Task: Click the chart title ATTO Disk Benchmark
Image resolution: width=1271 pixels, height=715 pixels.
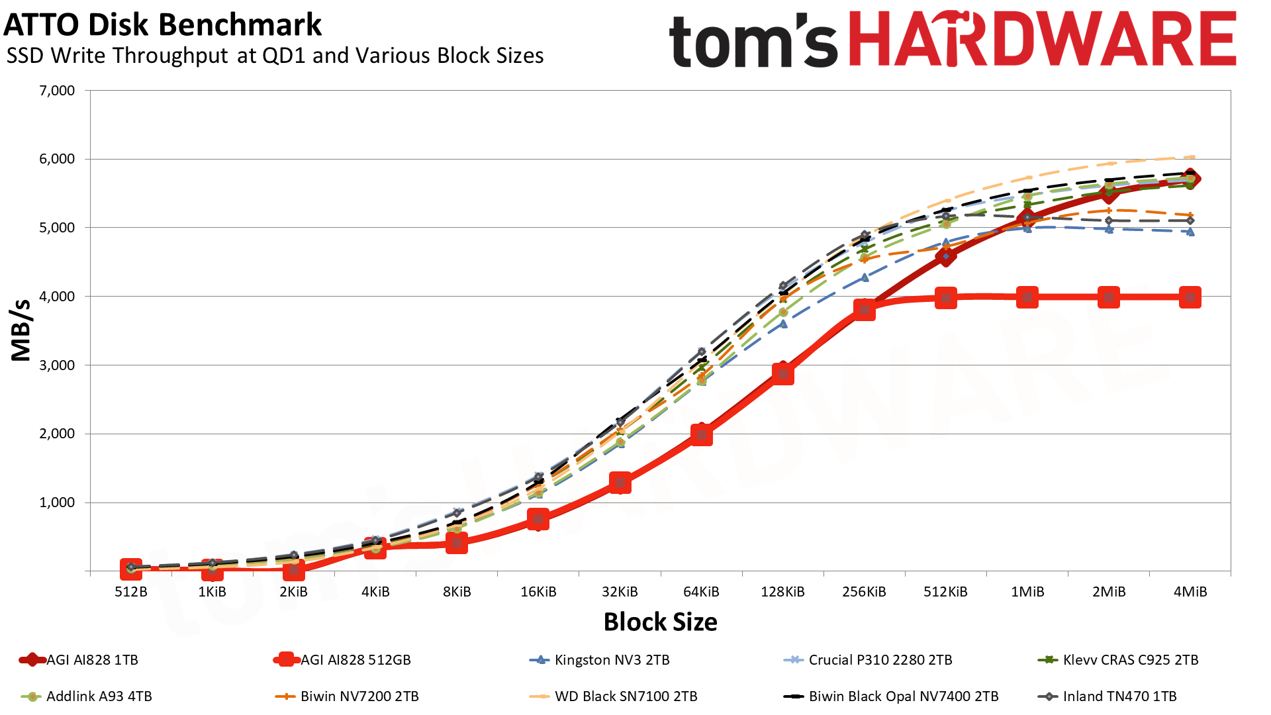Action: (x=163, y=25)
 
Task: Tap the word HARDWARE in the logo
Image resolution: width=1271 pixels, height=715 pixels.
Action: (x=1042, y=39)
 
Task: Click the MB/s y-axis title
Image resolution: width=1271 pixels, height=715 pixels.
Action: (x=21, y=330)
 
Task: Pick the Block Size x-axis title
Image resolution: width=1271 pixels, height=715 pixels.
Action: (x=661, y=622)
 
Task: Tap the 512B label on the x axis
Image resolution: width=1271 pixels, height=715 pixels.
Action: (x=131, y=592)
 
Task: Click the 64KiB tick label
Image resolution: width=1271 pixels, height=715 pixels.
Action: (x=701, y=592)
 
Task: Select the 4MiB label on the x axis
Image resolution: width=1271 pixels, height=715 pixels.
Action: (x=1190, y=592)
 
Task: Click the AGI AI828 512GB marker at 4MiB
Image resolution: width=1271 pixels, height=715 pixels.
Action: (x=1190, y=297)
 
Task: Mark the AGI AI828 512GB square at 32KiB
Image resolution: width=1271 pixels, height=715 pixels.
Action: (x=620, y=483)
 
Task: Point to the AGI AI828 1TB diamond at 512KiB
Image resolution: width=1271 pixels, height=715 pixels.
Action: (x=946, y=256)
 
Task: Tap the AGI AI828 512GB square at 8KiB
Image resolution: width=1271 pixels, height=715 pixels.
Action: (x=457, y=544)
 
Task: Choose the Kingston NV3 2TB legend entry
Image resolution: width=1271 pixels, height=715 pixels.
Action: (x=600, y=660)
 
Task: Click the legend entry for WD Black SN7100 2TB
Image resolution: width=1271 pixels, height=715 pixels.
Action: (x=614, y=696)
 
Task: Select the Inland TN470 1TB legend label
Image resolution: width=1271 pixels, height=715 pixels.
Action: (x=1107, y=696)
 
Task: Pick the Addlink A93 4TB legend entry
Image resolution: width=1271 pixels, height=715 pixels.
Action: (x=87, y=696)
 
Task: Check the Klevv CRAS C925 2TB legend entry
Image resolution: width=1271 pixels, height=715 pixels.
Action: (x=1118, y=660)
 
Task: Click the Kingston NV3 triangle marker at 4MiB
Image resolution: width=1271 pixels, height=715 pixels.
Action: (x=1190, y=232)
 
